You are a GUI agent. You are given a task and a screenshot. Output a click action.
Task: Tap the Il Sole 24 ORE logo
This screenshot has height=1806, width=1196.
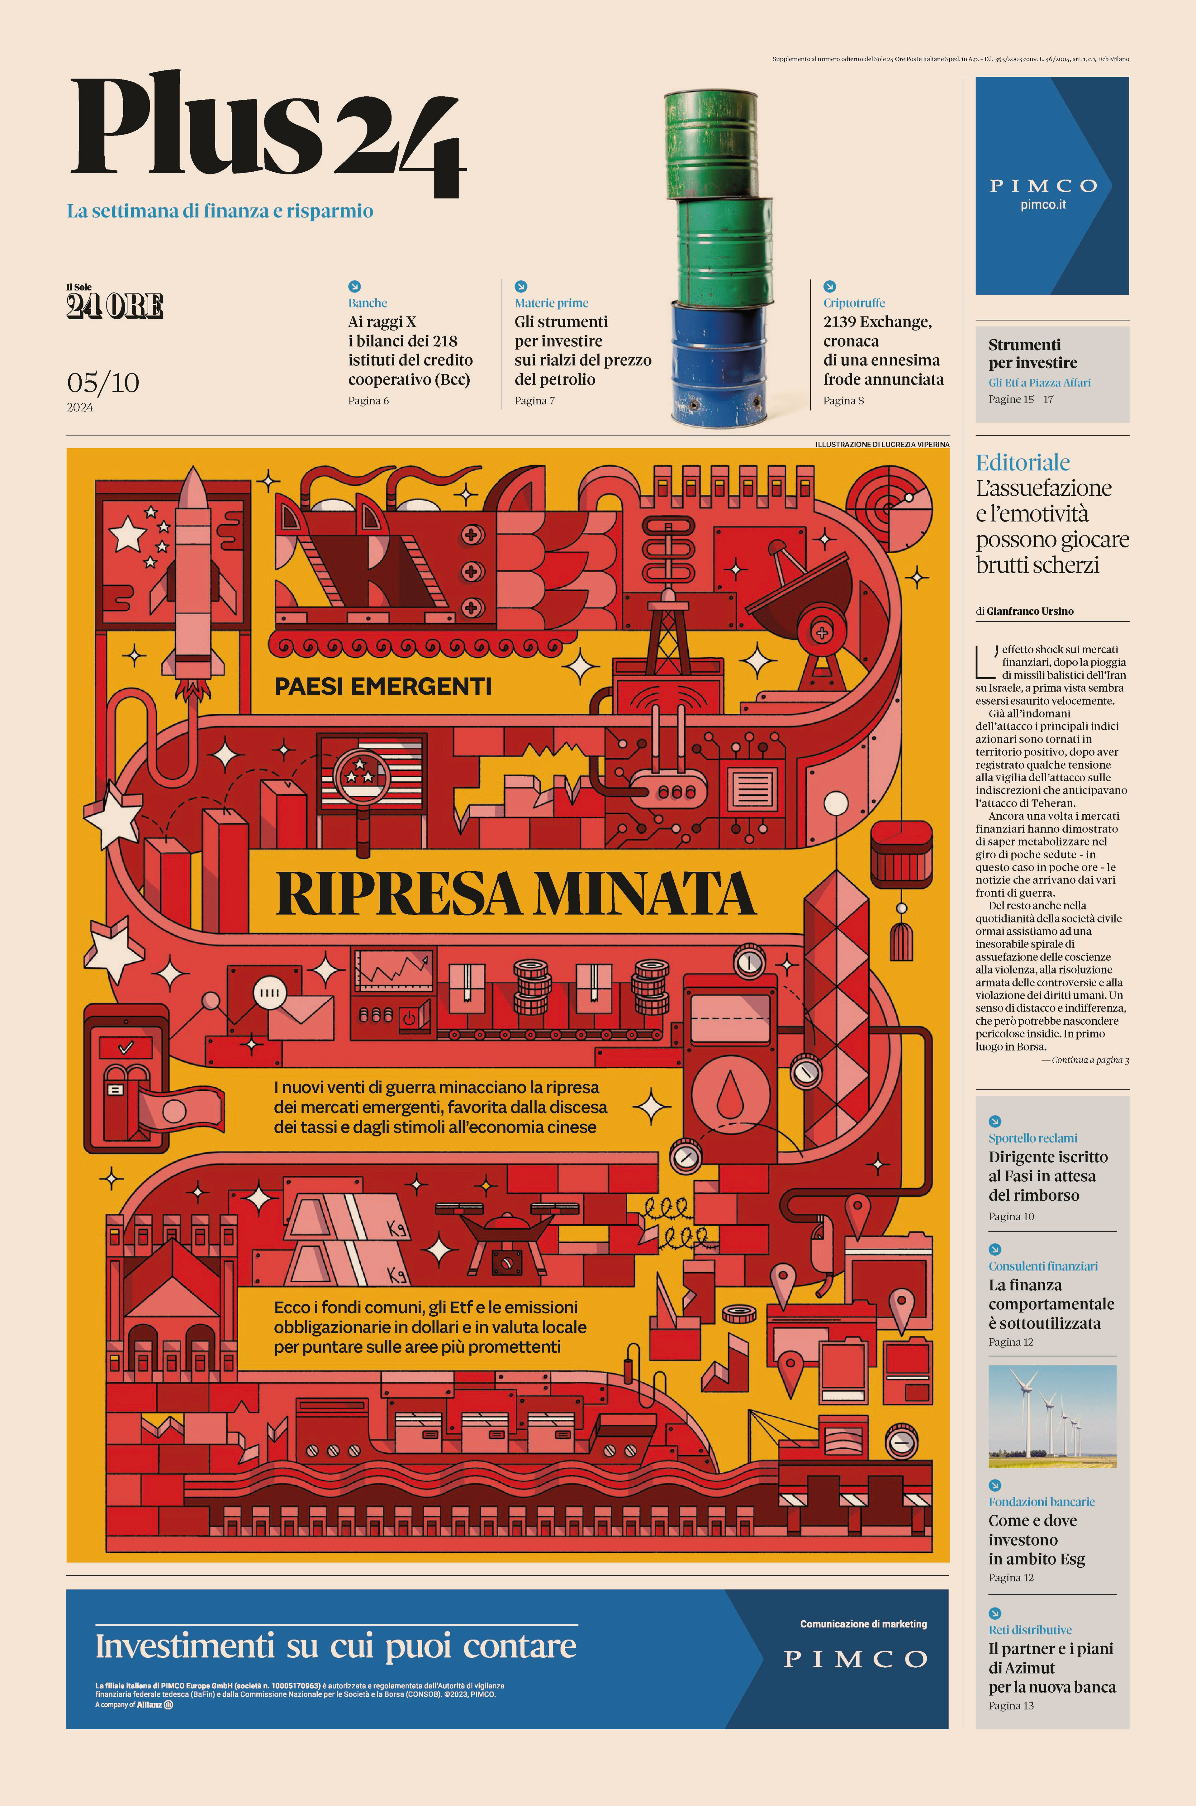(x=114, y=303)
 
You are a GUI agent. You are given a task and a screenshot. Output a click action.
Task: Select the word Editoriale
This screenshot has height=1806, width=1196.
(x=1022, y=462)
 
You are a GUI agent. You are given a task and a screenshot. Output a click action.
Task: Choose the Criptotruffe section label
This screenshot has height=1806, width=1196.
(x=853, y=303)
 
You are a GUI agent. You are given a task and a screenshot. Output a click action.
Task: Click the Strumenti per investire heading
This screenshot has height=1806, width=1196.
(x=1033, y=353)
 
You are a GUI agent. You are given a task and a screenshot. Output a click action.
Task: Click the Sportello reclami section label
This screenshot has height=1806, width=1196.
(x=1033, y=1138)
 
